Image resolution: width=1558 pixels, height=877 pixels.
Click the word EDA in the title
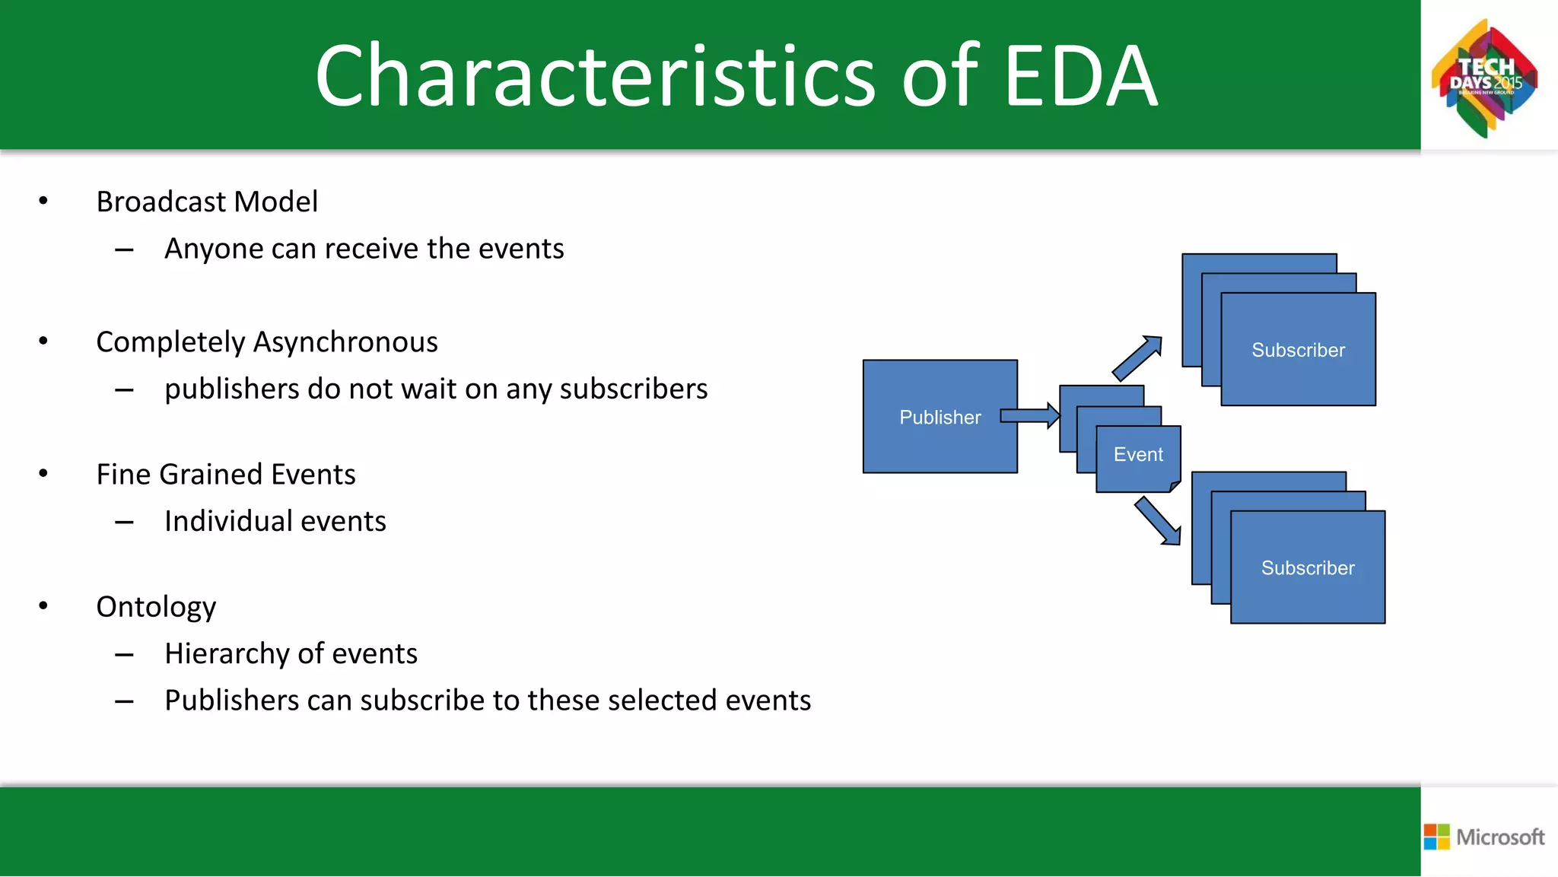1080,76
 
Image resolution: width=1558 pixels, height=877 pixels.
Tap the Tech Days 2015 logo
1485,78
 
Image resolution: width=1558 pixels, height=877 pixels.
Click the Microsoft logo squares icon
1436,837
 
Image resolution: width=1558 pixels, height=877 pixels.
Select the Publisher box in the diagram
940,417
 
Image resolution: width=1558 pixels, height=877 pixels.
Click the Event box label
1138,455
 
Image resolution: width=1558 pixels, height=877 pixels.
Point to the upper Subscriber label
1298,350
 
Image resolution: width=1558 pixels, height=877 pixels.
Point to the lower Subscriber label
1308,568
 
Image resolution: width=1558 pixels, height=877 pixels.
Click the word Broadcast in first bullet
161,202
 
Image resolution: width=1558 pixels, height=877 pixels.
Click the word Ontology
156,608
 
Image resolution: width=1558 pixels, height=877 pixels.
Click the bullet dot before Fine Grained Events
43,474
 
